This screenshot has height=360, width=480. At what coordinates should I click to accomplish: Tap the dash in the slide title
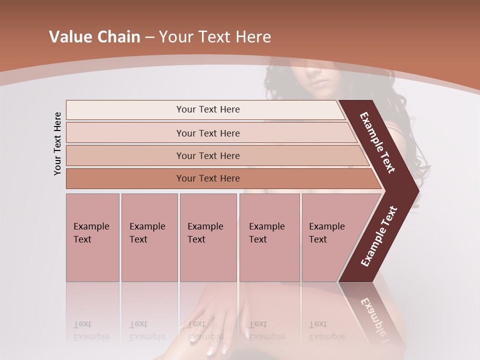point(149,37)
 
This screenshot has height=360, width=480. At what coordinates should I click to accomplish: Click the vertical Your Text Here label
point(57,143)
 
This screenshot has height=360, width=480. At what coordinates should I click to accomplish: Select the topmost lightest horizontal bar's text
point(208,109)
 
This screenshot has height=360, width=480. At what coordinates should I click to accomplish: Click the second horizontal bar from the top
point(208,133)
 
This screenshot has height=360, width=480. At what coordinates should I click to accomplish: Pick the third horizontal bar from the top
point(208,155)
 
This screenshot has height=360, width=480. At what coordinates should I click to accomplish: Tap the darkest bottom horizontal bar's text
point(208,178)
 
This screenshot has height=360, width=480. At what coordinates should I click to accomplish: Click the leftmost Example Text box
point(92,237)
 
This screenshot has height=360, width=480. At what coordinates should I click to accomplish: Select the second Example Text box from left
point(149,237)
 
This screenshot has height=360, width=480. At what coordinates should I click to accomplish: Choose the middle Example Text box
point(208,237)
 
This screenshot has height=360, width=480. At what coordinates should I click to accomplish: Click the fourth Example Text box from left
point(269,237)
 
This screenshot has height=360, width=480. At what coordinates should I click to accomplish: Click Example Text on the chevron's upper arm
point(377,142)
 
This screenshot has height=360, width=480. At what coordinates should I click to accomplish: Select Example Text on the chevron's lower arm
point(379,236)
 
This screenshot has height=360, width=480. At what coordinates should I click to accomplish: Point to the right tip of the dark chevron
point(417,191)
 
